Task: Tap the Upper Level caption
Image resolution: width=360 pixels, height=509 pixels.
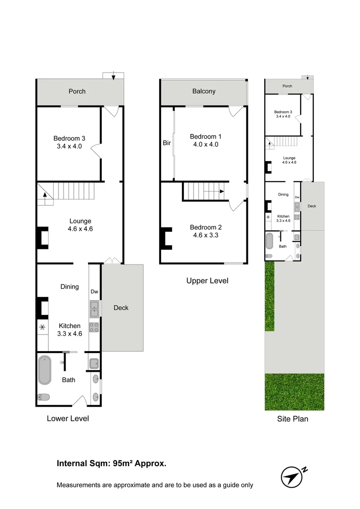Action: tap(207, 281)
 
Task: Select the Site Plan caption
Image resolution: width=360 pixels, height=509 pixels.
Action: tap(293, 419)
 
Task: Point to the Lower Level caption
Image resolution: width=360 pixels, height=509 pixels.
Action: tap(68, 418)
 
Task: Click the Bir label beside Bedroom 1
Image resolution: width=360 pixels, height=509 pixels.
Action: tap(167, 143)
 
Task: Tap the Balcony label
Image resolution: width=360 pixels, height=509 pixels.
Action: tap(204, 91)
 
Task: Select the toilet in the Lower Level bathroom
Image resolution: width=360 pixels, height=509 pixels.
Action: tap(43, 396)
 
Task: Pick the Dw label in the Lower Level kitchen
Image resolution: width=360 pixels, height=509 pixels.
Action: tap(94, 291)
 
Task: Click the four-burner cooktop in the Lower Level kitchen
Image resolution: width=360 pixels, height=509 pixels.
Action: tap(94, 327)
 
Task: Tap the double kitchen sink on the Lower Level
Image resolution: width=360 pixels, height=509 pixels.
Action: tap(94, 308)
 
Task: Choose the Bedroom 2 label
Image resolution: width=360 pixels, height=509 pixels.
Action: tap(205, 227)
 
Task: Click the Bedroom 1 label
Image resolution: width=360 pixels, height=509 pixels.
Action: tap(205, 137)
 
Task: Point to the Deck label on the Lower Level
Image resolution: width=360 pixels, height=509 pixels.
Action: tap(121, 308)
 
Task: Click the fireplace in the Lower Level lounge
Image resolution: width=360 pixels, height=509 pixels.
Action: tap(43, 238)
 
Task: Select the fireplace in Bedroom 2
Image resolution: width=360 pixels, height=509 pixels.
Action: tap(166, 238)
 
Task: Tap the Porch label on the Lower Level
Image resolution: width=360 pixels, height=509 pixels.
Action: tap(77, 91)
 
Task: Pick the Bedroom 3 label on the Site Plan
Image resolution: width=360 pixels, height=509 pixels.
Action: tap(283, 112)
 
